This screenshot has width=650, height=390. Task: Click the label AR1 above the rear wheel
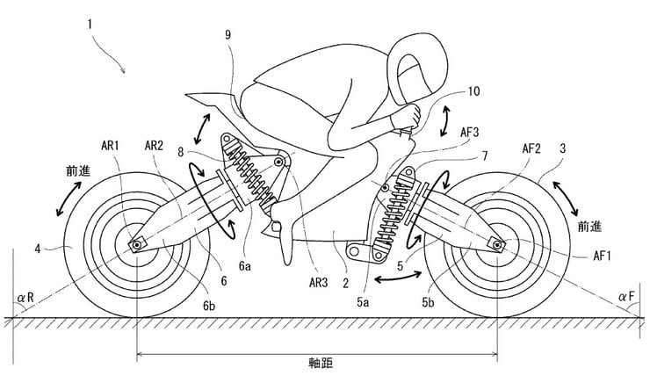(112, 144)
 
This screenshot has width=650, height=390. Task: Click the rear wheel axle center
(137, 243)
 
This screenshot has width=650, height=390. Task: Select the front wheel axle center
(498, 244)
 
